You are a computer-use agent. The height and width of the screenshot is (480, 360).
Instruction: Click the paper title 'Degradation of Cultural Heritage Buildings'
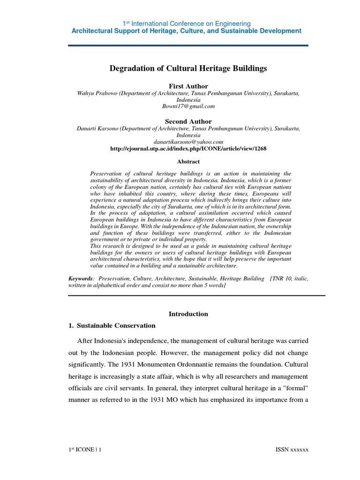[188, 68]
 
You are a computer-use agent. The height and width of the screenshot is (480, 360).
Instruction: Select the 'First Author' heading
[188, 86]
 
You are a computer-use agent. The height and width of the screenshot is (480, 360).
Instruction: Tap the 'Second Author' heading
[188, 121]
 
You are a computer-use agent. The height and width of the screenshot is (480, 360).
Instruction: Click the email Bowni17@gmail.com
[188, 106]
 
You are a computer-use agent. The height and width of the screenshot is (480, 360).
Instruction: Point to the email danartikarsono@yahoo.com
[188, 142]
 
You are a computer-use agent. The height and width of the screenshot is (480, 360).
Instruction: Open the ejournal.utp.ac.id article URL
[188, 149]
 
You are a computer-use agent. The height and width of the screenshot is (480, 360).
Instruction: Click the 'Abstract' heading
[188, 162]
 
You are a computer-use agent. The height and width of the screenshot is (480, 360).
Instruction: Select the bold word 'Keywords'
[81, 278]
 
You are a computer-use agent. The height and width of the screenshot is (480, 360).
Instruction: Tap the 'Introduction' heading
[188, 314]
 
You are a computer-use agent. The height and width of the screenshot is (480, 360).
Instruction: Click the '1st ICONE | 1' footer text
[85, 450]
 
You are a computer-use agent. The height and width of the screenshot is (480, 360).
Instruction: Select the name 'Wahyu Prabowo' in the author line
[97, 93]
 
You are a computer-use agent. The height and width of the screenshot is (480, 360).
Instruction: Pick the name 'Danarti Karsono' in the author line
[97, 128]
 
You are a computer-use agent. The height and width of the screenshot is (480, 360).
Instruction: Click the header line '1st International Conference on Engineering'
[187, 23]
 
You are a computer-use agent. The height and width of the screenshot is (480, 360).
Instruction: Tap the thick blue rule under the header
[188, 45]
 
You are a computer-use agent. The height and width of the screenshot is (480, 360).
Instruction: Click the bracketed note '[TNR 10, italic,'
[289, 278]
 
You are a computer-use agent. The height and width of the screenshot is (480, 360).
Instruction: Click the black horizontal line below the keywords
[196, 295]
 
